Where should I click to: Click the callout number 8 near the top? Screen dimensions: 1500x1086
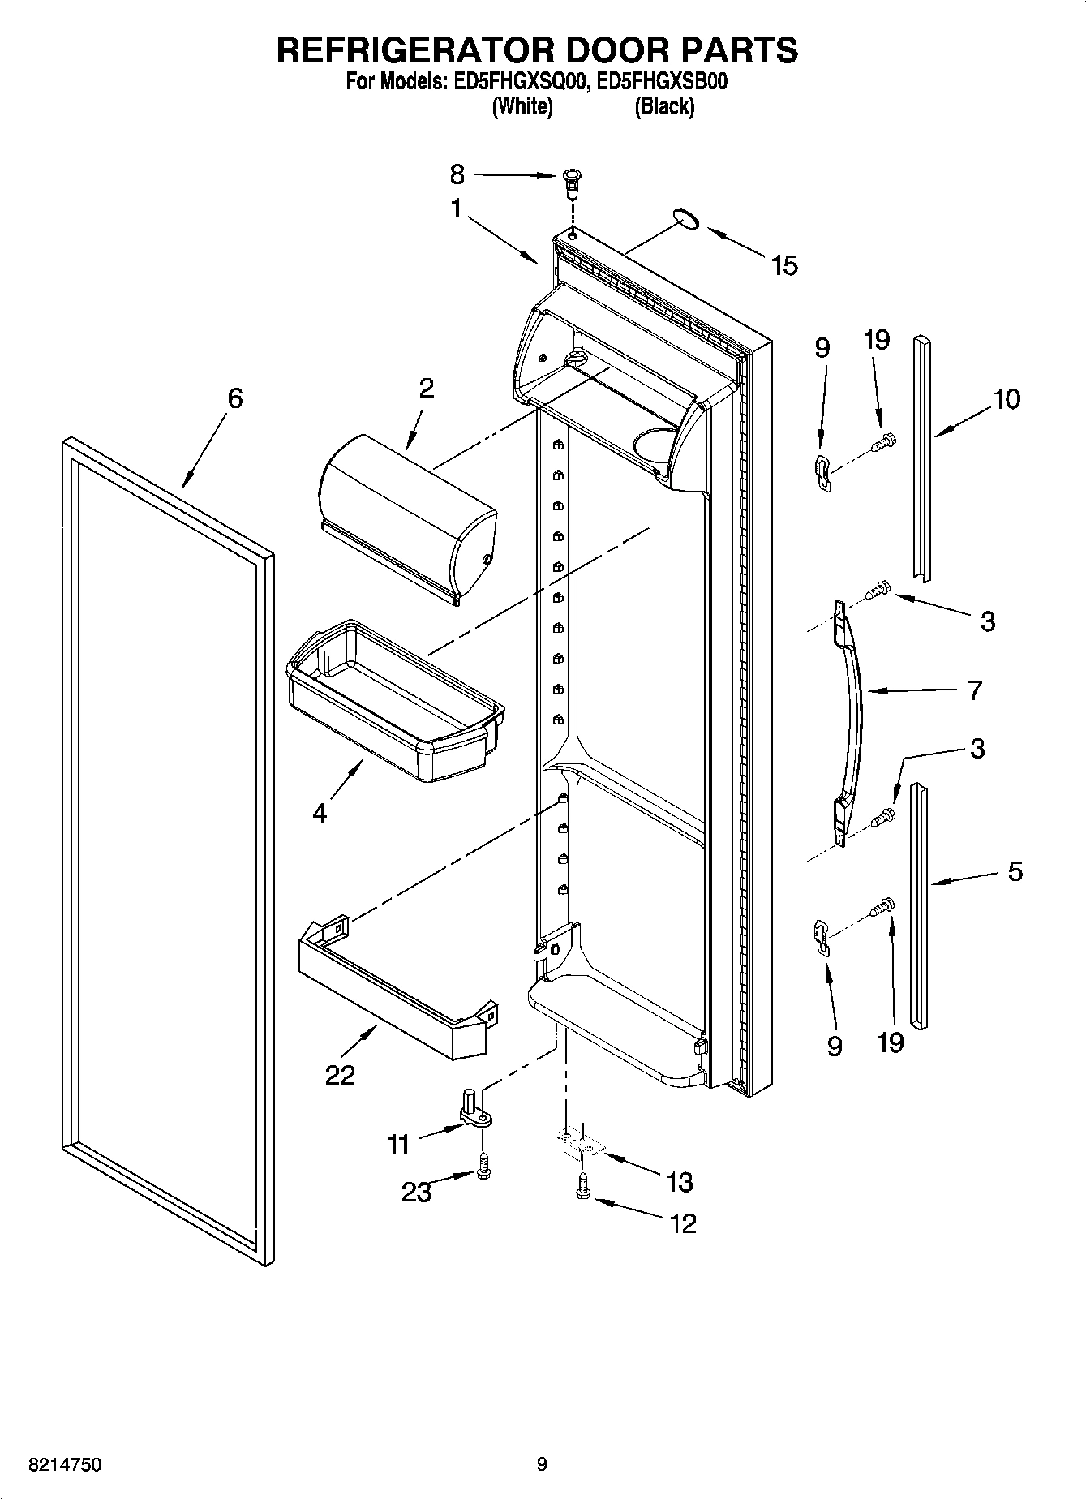click(457, 174)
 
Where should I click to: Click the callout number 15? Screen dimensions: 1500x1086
click(783, 265)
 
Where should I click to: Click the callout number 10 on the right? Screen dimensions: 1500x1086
click(1007, 399)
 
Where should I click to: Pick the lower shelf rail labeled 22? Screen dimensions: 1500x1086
click(397, 990)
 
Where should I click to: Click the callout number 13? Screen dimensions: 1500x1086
click(679, 1182)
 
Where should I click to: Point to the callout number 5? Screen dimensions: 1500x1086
click(1015, 871)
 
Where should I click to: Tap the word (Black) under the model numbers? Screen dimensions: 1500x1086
click(664, 106)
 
